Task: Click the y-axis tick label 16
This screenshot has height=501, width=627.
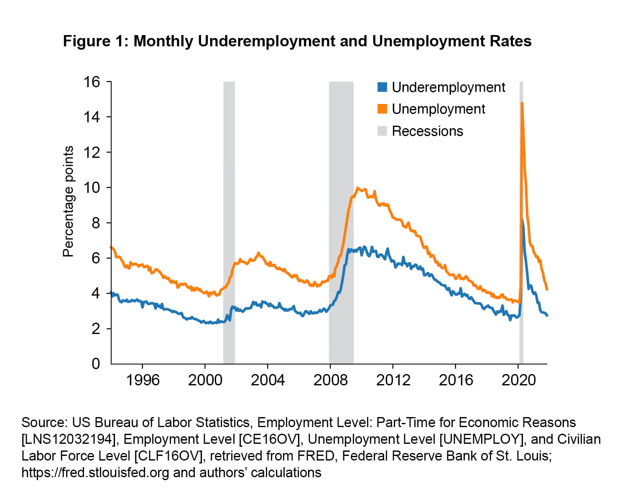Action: [92, 82]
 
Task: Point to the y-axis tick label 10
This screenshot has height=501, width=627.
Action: [92, 187]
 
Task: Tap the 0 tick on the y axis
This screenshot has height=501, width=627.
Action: [96, 364]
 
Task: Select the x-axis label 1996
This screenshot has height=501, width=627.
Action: [143, 380]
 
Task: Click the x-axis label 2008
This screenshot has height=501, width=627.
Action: [330, 380]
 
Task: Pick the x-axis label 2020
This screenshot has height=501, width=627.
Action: [518, 380]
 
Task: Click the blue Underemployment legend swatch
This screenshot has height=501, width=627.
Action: [382, 87]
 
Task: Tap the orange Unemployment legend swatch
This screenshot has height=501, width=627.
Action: [382, 109]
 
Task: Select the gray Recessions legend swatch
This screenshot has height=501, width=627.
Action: [382, 131]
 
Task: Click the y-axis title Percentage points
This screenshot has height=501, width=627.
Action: [68, 201]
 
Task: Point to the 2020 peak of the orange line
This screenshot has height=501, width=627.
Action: [522, 103]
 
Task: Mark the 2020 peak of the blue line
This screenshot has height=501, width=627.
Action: [523, 220]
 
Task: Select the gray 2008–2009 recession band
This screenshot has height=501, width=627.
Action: [341, 167]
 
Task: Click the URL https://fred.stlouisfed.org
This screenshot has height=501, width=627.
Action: [95, 473]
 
